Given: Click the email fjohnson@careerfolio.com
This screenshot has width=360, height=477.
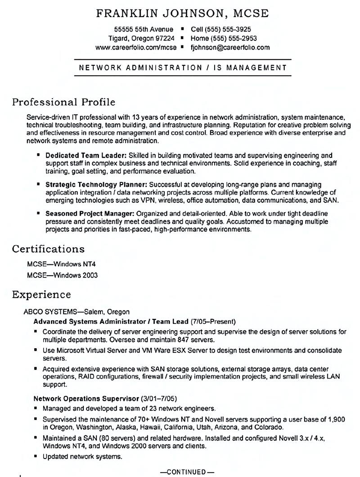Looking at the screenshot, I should [x=230, y=47].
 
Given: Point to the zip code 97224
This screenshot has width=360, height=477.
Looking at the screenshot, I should [x=164, y=39].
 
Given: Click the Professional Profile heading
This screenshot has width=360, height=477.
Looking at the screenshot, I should [x=63, y=102].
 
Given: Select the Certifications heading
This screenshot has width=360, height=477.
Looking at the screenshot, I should [x=48, y=249].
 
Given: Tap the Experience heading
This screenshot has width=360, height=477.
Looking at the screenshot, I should [x=41, y=295].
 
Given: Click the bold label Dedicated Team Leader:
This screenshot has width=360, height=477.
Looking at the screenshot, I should [x=86, y=155].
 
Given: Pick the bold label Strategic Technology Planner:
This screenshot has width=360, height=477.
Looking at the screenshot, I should [x=96, y=185].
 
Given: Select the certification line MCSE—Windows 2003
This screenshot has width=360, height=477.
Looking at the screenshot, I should [x=62, y=275].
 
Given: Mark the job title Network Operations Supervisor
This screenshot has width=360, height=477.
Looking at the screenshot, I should [x=86, y=399].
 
